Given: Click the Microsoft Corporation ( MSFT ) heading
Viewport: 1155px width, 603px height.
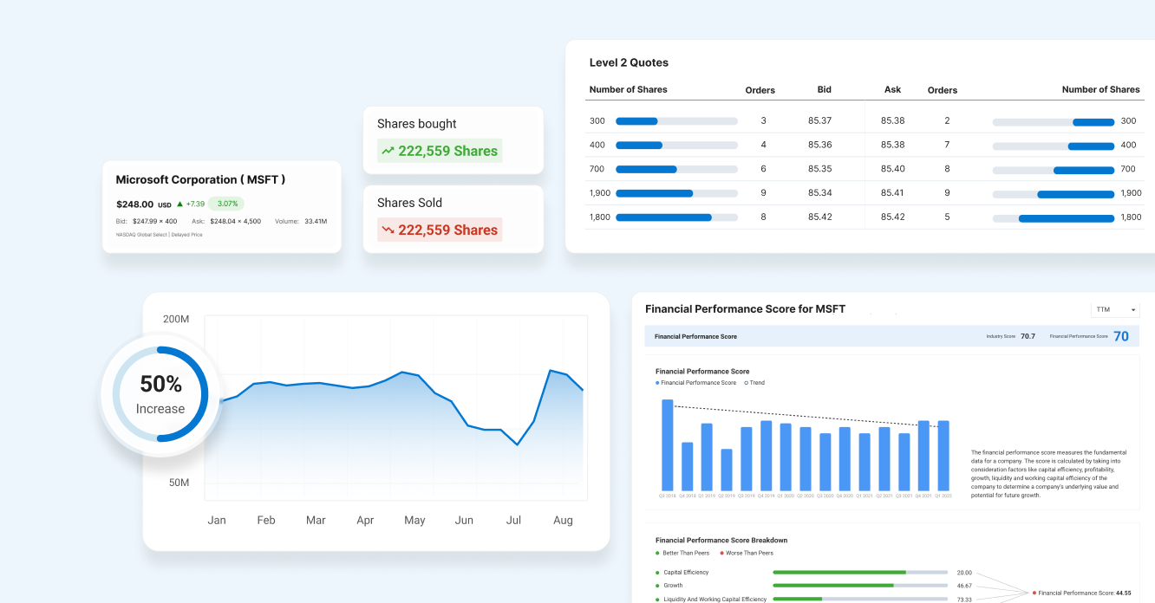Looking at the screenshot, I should coord(200,179).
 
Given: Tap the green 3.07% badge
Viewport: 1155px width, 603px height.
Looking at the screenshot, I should coord(226,204).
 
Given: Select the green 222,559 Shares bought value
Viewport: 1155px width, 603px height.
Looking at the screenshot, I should coord(440,151).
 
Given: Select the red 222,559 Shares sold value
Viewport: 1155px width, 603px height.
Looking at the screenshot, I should coord(440,230).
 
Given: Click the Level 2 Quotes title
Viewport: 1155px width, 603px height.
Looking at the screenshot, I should coord(629,62).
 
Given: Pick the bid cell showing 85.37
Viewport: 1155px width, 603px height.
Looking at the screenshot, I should coord(819,120).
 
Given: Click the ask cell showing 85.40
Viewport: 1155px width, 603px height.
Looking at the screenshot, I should coord(892,169).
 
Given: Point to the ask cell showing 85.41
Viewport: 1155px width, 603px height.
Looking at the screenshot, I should coord(892,192).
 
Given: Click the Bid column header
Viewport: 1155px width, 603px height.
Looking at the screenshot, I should coord(824,89).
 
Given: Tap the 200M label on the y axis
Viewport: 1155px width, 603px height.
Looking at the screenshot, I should coord(176,319).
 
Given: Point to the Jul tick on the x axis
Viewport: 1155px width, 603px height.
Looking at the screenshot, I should coord(513,520).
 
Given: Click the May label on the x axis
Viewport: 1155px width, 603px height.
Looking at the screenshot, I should coord(414,520).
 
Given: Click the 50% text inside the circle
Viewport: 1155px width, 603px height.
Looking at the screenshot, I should coord(160,384).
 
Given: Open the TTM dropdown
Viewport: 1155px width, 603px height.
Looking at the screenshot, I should coord(1115,309).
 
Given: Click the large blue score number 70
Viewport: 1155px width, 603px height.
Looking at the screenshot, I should coord(1120,336).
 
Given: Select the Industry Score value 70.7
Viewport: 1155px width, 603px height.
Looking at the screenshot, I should coord(1028,336).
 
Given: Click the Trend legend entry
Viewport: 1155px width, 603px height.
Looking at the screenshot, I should coord(754,382).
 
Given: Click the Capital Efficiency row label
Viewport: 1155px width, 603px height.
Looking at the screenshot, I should coord(685,573).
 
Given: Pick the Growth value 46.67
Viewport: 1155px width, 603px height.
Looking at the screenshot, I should coord(964,586).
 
